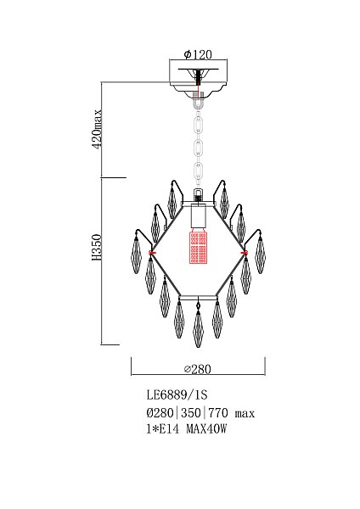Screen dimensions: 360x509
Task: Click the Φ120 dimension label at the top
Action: pos(198,54)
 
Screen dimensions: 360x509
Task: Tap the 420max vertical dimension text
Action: pos(97,129)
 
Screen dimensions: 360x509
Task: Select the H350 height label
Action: pos(97,248)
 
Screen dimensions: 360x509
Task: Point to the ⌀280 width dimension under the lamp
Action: pos(198,369)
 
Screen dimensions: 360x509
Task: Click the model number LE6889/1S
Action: pos(177,395)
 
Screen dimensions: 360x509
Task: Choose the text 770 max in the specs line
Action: pos(231,413)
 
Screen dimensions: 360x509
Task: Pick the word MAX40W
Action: pos(206,429)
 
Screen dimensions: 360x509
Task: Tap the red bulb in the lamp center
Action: pos(198,247)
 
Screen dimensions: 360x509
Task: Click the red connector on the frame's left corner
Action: pos(152,252)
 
